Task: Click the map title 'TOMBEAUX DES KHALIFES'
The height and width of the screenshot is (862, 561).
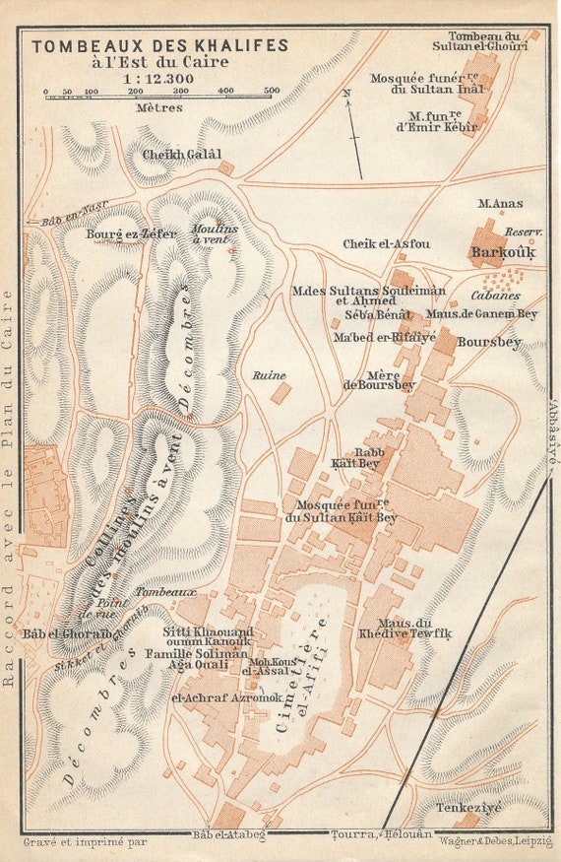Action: (x=160, y=45)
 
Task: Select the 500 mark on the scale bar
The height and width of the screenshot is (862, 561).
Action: (x=272, y=91)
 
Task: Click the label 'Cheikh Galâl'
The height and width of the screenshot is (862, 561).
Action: (x=182, y=155)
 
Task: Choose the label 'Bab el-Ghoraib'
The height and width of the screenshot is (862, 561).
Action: (x=62, y=633)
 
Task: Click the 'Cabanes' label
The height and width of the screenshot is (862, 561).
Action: (x=496, y=295)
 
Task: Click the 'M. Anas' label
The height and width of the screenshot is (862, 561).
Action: (x=499, y=203)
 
